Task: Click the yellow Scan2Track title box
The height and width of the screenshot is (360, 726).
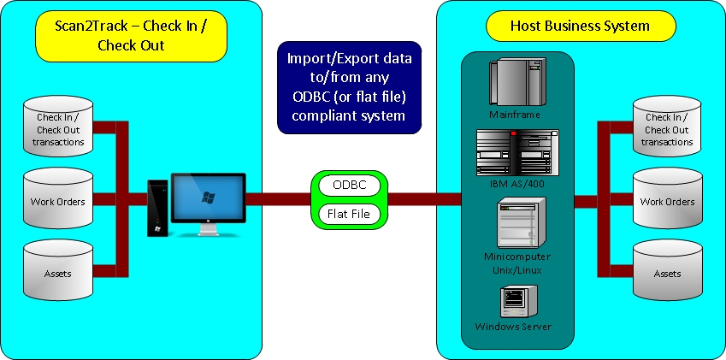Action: tap(132, 36)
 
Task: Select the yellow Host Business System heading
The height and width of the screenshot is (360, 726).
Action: tap(581, 26)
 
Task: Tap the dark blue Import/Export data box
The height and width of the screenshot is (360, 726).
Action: tap(350, 87)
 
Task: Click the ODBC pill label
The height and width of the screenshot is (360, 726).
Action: tap(350, 186)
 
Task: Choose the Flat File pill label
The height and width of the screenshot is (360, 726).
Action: tap(349, 214)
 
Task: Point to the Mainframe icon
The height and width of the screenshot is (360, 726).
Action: tap(517, 82)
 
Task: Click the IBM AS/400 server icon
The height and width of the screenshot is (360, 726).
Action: tap(517, 153)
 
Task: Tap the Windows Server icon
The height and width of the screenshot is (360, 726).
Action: tap(518, 302)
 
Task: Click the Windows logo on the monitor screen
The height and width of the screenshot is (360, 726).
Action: tap(209, 198)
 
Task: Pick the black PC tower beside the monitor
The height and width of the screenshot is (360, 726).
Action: tap(157, 209)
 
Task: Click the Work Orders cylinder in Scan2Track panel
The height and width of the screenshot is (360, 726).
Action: tap(58, 198)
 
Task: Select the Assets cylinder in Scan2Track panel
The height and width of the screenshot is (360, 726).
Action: tap(58, 269)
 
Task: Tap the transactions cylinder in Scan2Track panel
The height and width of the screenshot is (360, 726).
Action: tap(58, 126)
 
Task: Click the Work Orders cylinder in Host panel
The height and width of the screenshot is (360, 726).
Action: tap(667, 198)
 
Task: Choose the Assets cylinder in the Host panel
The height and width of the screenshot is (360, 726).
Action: tap(667, 269)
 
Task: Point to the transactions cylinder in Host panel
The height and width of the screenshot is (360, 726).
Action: tap(667, 126)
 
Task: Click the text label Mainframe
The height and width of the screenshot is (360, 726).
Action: tap(515, 115)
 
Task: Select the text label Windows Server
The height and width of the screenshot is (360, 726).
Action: tap(513, 326)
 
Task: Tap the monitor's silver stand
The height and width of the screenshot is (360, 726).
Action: tap(209, 228)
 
